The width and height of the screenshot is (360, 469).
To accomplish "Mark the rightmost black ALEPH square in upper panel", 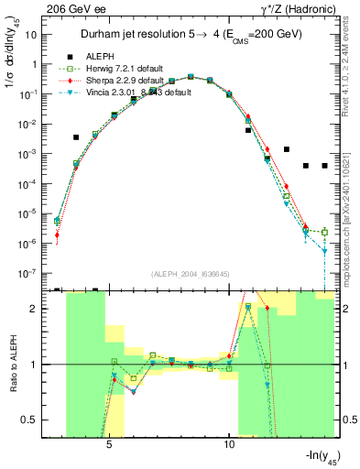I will pos(325,166).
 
